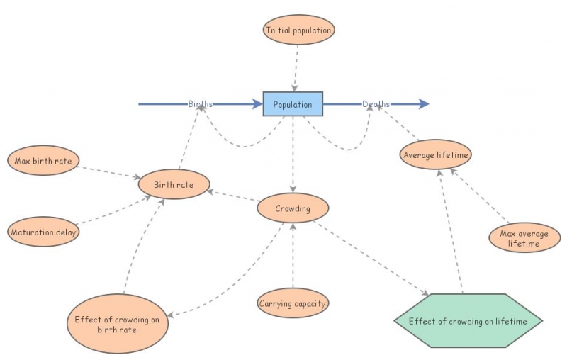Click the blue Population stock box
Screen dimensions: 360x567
[x=293, y=104]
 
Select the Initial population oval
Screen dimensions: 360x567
[x=298, y=30]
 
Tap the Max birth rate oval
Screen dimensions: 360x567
[x=43, y=161]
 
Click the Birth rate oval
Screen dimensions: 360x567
[x=174, y=184]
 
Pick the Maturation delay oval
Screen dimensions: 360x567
[x=43, y=232]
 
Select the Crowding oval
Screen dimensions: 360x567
[x=293, y=208]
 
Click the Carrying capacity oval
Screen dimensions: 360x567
[x=293, y=303]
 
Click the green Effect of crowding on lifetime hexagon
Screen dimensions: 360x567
[x=468, y=321]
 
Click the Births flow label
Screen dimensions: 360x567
[x=201, y=104]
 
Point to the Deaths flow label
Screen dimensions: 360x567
[x=376, y=104]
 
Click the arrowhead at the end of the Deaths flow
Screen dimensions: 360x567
[x=423, y=104]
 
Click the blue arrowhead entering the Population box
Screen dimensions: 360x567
[x=257, y=104]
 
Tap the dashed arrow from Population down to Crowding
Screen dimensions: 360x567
[x=293, y=156]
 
